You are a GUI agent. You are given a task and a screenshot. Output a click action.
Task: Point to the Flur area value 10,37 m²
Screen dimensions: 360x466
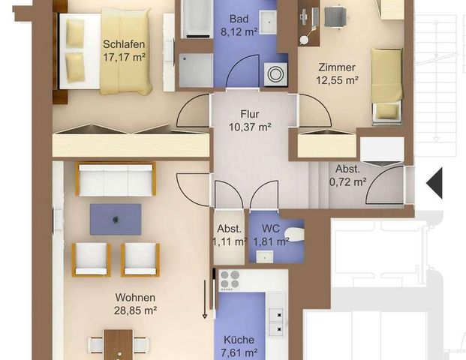(x=250, y=127)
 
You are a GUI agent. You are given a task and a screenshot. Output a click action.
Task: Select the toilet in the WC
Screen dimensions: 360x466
(x=296, y=235)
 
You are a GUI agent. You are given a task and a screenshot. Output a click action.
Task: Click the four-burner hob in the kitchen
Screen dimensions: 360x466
(x=228, y=280)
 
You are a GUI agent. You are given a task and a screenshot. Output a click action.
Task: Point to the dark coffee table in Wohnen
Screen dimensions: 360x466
(x=115, y=219)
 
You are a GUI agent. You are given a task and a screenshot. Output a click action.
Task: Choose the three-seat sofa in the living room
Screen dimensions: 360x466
(x=116, y=180)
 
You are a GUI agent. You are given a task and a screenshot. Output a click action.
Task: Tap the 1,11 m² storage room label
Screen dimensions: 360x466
(x=229, y=235)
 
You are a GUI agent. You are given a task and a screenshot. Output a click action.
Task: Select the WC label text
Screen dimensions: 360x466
(x=268, y=229)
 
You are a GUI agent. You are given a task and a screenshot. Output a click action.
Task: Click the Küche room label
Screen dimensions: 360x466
(x=239, y=340)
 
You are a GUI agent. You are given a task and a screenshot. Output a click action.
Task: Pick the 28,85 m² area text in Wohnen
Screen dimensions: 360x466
(x=131, y=309)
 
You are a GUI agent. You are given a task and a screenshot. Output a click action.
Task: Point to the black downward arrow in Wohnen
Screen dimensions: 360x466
(x=203, y=300)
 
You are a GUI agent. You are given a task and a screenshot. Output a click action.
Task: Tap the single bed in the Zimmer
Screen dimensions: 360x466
(x=387, y=82)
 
